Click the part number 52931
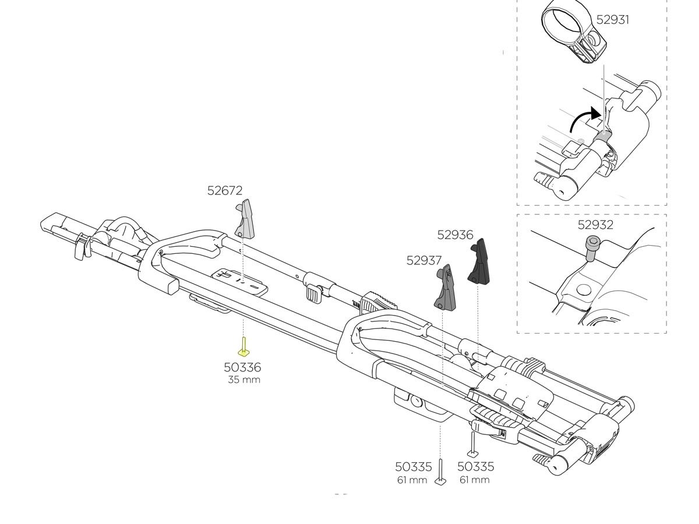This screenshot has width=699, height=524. pos(612,19)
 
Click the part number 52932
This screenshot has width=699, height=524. pos(595,225)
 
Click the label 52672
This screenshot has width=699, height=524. pos(224,190)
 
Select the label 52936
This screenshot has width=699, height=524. pos(455,235)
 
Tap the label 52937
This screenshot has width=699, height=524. pos(424,260)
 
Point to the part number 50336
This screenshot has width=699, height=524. pos(242,367)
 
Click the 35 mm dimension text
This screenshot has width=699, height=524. pos(244,380)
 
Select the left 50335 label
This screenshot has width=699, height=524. pos(414,467)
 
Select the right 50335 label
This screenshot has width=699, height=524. pos(475,467)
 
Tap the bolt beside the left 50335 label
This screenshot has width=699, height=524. pos(441,472)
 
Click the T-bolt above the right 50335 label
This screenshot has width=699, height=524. pos(472,445)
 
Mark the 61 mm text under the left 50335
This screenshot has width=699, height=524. pos(412,480)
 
